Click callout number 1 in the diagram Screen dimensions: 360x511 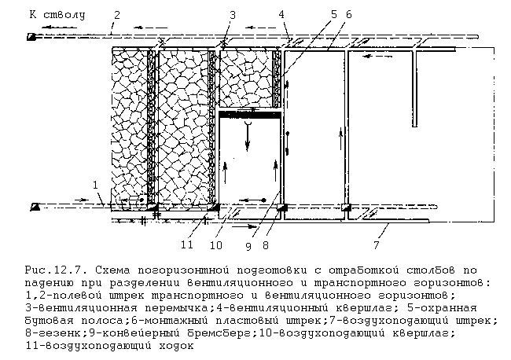coord(96,185)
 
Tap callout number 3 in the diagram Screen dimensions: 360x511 coord(233,14)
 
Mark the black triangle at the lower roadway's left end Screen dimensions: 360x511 coord(35,207)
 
